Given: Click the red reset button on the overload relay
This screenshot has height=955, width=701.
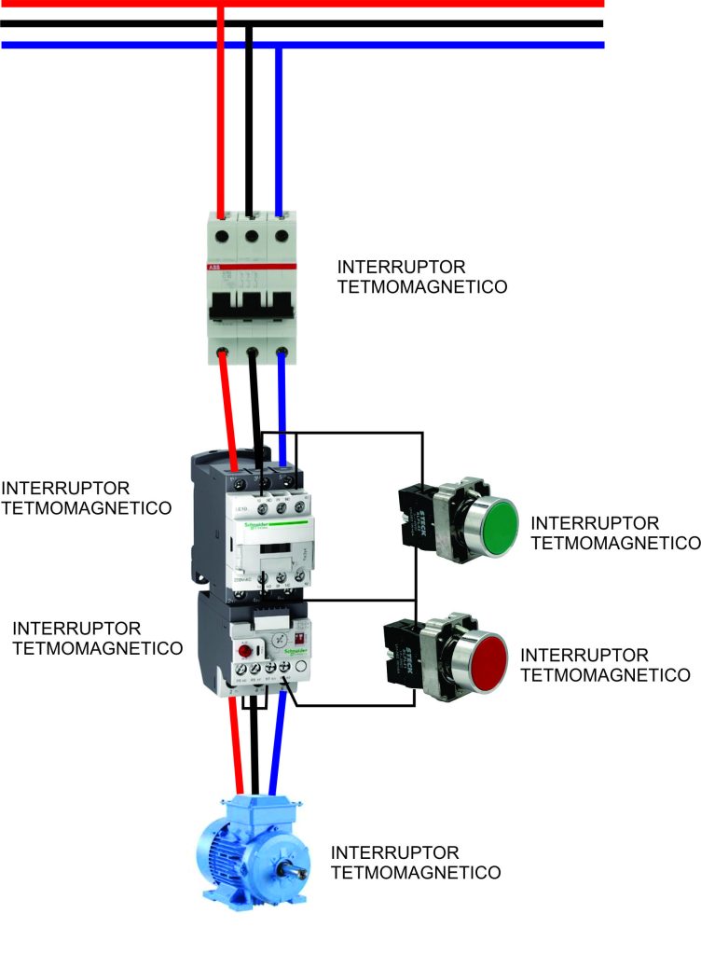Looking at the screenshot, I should click(x=247, y=650).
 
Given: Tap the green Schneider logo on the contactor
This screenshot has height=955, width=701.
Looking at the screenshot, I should click(x=264, y=526).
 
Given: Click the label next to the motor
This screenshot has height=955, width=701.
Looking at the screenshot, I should click(x=416, y=863).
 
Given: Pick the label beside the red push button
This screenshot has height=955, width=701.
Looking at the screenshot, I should click(x=605, y=665).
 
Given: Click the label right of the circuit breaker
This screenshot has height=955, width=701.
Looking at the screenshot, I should click(x=422, y=277).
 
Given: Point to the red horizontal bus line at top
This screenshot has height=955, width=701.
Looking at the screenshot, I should click(x=373, y=4).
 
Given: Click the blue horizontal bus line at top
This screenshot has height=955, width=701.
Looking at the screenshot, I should click(x=373, y=45).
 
